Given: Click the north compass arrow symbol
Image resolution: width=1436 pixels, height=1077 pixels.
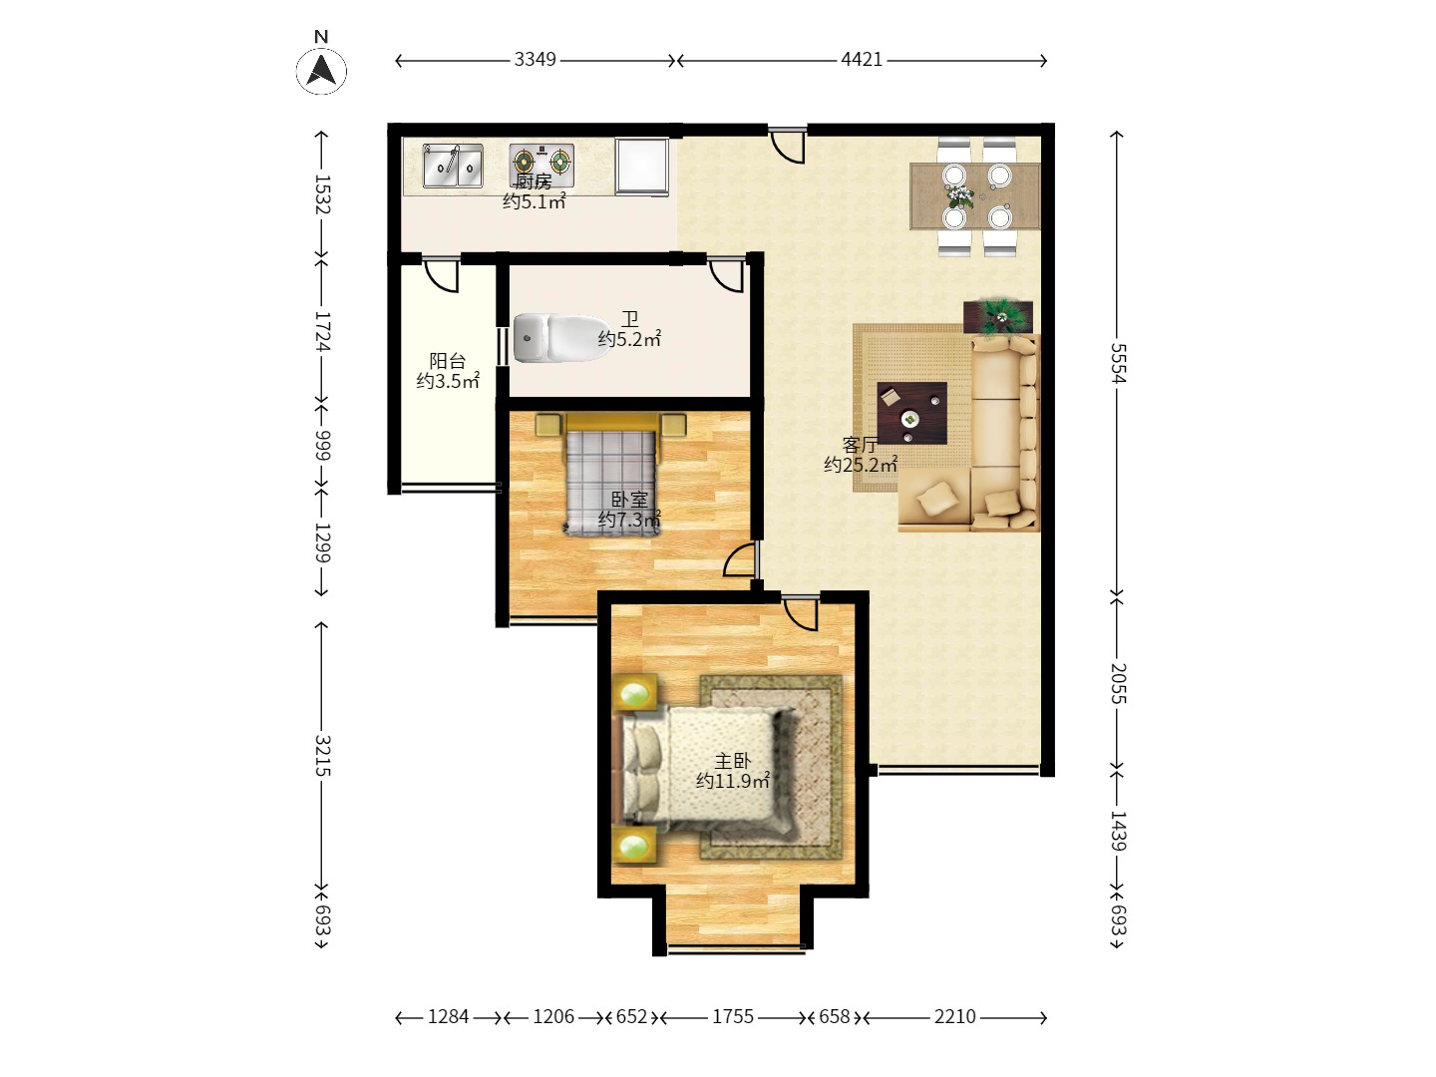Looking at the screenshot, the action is point(321,71).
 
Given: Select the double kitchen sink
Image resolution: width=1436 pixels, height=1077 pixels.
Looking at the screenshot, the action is point(453,167).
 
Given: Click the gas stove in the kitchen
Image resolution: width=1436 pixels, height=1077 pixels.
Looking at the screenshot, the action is point(541,163).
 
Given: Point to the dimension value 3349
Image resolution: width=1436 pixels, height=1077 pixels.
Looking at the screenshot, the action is point(535,60).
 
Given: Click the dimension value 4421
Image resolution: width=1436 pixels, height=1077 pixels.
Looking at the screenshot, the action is point(862,60).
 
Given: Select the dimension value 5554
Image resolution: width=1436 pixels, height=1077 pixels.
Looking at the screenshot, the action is point(1118,363).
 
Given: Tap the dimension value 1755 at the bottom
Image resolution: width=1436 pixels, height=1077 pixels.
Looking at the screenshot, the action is point(733,1017).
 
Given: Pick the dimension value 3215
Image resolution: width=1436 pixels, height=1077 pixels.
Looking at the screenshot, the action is point(322,755).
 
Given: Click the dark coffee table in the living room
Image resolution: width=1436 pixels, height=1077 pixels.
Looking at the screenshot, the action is point(912,413).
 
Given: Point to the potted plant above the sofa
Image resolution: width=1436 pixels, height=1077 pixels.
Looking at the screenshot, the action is point(998,317).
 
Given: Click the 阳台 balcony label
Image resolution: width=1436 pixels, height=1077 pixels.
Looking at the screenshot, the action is point(448,360).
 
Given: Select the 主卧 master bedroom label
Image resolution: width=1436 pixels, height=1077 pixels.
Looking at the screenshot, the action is point(732,761).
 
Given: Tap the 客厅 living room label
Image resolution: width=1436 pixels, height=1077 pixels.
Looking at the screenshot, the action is point(860,445).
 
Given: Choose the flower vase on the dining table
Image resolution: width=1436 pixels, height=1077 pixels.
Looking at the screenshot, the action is point(959,195).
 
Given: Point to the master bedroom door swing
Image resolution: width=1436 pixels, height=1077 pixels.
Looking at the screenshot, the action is point(801,613).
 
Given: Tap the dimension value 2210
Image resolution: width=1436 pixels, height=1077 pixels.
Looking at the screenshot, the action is point(954,1017).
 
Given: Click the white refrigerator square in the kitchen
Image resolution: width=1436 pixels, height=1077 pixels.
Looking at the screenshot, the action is point(642,167).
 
